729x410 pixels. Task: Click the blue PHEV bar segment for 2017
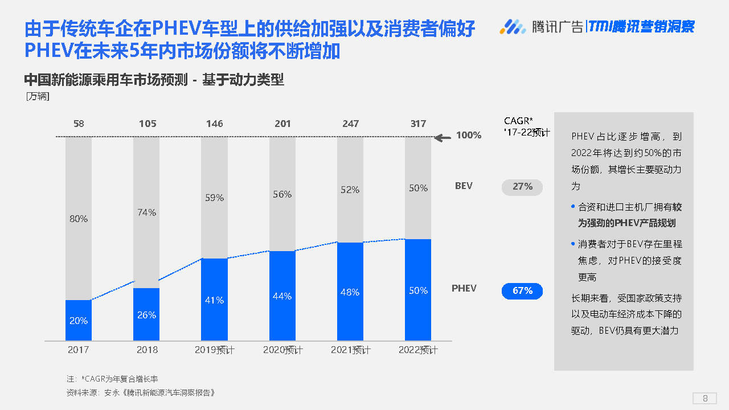click(x=79, y=321)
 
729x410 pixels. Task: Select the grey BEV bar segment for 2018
click(x=146, y=212)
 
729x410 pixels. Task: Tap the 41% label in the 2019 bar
click(x=215, y=300)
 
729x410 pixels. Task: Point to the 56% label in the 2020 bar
click(x=282, y=194)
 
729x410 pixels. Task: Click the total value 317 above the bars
click(x=418, y=124)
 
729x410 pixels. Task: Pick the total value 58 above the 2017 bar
click(x=79, y=124)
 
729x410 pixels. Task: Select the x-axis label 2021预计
click(x=350, y=350)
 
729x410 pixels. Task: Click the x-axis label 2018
click(x=147, y=350)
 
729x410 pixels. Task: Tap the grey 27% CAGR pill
click(x=522, y=187)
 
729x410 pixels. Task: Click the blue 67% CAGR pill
click(x=522, y=291)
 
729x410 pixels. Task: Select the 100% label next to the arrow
click(x=469, y=136)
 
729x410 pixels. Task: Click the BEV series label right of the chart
click(x=464, y=186)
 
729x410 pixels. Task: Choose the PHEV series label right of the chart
click(x=464, y=288)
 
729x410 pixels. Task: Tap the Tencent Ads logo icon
click(x=513, y=26)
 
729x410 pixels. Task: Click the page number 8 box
click(x=705, y=398)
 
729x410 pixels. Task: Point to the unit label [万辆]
click(x=38, y=97)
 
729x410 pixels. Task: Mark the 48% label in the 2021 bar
click(x=350, y=292)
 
